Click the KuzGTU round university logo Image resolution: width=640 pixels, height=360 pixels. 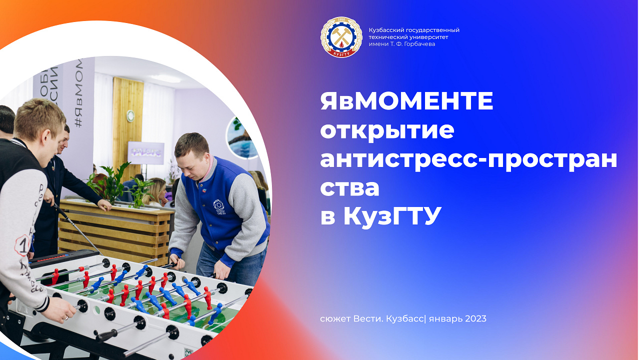click(341, 37)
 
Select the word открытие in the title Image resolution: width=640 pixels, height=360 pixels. click(387, 130)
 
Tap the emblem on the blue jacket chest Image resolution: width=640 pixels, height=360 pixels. click(220, 206)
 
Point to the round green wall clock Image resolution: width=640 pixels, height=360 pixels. click(130, 115)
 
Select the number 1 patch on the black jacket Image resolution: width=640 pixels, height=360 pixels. click(22, 245)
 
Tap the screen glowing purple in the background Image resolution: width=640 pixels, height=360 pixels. click(145, 152)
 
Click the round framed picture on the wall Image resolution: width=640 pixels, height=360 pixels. click(240, 137)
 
